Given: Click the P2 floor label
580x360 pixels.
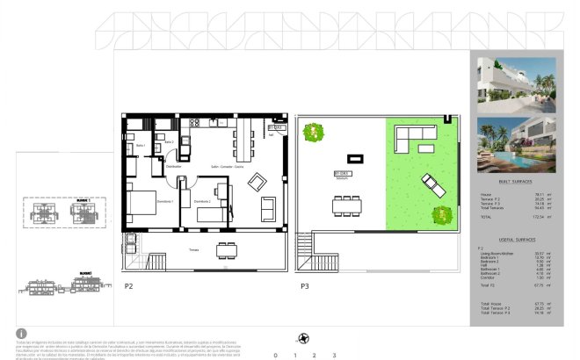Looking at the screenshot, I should click(128, 286).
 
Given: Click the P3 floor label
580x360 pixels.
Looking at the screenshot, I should click(305, 286).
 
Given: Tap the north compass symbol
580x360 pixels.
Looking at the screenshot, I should click(304, 338).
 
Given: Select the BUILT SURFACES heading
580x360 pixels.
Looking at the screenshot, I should click(515, 181).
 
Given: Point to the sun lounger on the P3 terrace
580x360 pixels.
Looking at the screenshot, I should click(432, 185).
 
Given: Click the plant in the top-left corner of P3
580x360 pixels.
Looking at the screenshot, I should click(312, 133).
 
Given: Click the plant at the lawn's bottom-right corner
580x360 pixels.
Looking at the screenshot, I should click(439, 214).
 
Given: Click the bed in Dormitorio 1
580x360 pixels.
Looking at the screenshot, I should click(142, 204).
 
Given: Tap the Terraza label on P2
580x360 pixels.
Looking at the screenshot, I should click(193, 249).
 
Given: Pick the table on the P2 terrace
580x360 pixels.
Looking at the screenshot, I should click(227, 249).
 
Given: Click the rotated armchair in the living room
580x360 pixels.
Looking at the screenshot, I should click(259, 182).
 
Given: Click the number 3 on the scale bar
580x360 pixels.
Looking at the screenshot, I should click(335, 355).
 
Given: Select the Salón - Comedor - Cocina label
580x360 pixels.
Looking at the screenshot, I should click(227, 166).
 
